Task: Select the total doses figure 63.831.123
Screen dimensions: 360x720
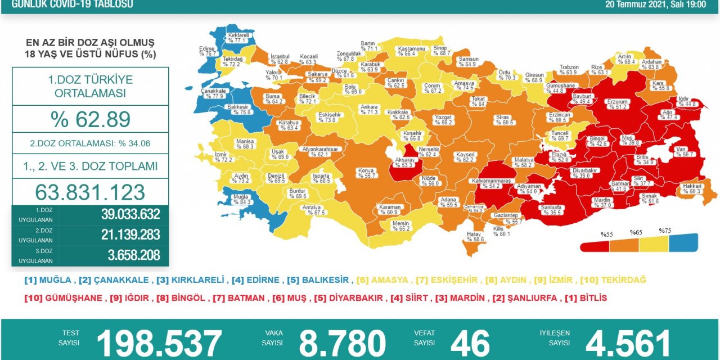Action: click(x=91, y=192)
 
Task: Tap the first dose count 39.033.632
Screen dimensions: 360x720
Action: click(x=130, y=214)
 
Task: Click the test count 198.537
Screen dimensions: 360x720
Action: click(x=160, y=343)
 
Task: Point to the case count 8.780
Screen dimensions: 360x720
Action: click(x=343, y=343)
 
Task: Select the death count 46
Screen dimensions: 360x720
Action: click(x=470, y=343)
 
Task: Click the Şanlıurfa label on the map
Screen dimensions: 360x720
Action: click(x=551, y=210)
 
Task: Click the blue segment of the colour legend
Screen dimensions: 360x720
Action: click(x=683, y=243)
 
